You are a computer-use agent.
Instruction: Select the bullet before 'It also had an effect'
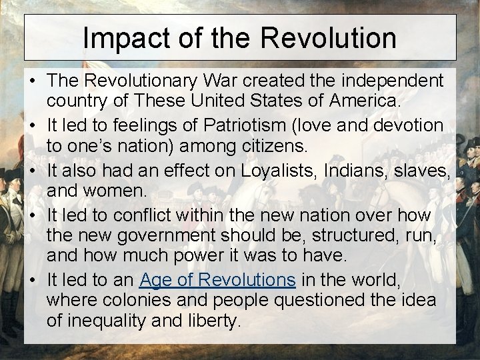click(x=32, y=170)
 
